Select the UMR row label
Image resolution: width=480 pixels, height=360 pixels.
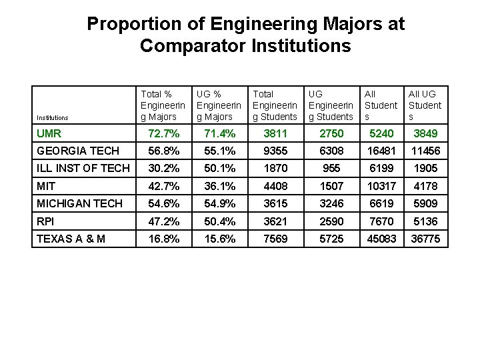pyautogui.click(x=49, y=134)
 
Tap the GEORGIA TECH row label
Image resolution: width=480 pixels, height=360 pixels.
pyautogui.click(x=78, y=151)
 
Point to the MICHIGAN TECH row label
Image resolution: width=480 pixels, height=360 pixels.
pyautogui.click(x=80, y=203)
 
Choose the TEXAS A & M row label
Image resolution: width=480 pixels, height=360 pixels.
pyautogui.click(x=71, y=239)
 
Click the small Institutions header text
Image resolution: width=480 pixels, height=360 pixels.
pyautogui.click(x=53, y=118)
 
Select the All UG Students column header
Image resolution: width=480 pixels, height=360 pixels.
pyautogui.click(x=425, y=105)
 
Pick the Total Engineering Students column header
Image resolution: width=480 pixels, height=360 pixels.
pyautogui.click(x=275, y=105)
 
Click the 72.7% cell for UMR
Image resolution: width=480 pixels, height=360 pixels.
pyautogui.click(x=163, y=134)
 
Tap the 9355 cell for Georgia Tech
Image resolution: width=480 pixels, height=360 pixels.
pyautogui.click(x=275, y=151)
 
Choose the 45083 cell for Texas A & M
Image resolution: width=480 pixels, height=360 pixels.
pyautogui.click(x=381, y=239)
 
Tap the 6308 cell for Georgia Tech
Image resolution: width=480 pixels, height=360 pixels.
pyautogui.click(x=331, y=151)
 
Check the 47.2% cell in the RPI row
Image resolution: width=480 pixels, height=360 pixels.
pyautogui.click(x=163, y=221)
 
